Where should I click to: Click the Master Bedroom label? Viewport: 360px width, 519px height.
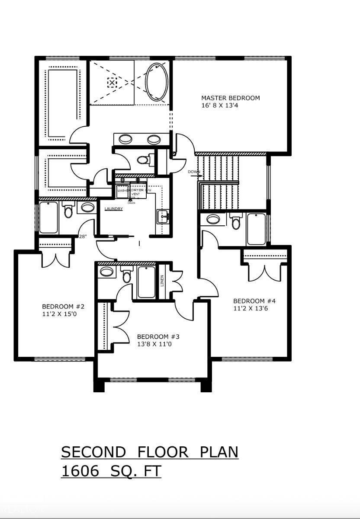coord(231,98)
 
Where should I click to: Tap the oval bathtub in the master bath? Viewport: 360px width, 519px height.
coord(157,82)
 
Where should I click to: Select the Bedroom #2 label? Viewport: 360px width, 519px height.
coord(63,307)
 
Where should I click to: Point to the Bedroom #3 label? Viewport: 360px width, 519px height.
coord(158,337)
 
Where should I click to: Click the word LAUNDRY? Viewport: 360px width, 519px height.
coord(114,209)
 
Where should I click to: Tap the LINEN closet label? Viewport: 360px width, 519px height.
coord(162,281)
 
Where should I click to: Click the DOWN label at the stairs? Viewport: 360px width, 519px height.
coord(194,172)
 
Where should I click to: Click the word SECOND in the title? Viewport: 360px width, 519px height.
coord(93,452)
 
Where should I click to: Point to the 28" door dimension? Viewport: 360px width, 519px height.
coord(83,237)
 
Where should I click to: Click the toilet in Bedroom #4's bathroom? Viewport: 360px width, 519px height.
coord(236,221)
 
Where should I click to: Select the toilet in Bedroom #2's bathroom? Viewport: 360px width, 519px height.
coord(68,210)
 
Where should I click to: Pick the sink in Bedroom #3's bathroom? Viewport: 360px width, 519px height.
coord(106,272)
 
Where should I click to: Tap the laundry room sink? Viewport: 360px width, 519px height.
coord(163,215)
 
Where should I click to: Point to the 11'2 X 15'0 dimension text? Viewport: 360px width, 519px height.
coord(61,314)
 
